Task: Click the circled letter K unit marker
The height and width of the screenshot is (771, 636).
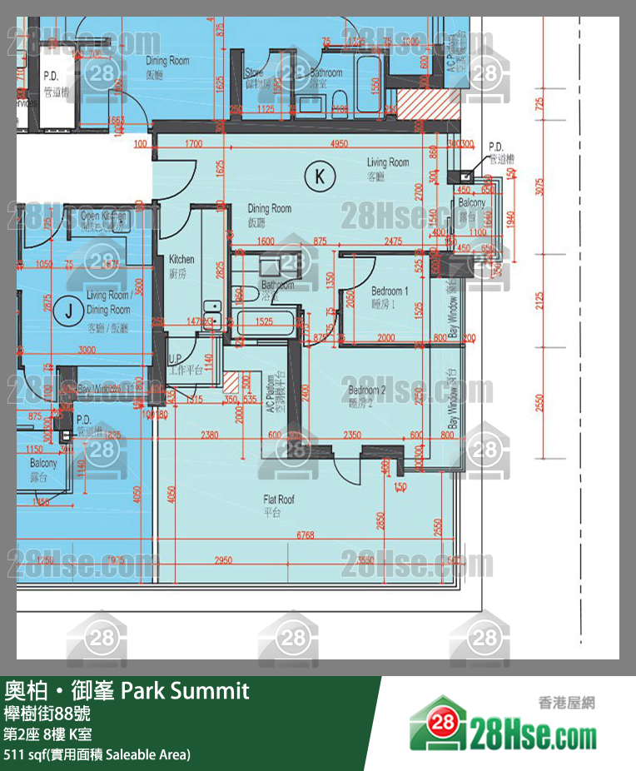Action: (319, 176)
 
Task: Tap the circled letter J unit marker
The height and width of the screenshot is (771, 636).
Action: (69, 311)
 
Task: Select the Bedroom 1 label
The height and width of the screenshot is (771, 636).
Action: (390, 297)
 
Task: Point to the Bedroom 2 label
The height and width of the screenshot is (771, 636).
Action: (367, 396)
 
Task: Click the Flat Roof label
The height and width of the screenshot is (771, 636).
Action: (279, 505)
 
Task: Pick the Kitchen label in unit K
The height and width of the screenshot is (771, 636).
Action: (181, 266)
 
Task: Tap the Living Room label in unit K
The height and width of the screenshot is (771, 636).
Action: (388, 167)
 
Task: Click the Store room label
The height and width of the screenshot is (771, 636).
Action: (254, 78)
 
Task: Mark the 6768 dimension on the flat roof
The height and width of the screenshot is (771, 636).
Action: (305, 536)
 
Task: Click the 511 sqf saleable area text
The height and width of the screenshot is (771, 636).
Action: (97, 754)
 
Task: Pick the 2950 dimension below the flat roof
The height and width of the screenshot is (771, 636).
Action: (223, 560)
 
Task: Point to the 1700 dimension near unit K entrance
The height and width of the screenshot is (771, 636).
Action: (194, 144)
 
